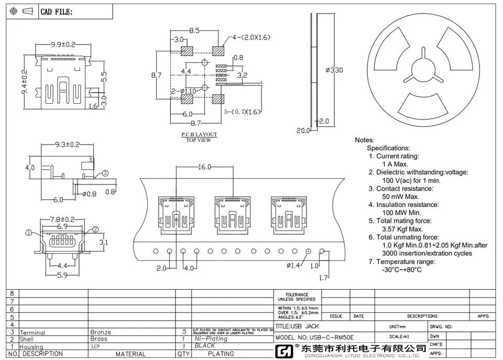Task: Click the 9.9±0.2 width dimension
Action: click(63, 45)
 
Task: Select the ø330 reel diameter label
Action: click(334, 71)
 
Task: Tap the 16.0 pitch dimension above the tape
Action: click(204, 167)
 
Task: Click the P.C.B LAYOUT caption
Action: click(199, 135)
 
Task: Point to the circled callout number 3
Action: click(105, 173)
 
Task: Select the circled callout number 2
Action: click(95, 229)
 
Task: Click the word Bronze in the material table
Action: click(101, 332)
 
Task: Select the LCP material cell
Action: click(95, 346)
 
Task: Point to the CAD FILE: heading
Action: click(57, 12)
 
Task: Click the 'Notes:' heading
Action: click(365, 140)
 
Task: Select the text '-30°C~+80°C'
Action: click(402, 270)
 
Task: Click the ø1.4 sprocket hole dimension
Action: click(293, 266)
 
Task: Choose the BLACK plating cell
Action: click(205, 346)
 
